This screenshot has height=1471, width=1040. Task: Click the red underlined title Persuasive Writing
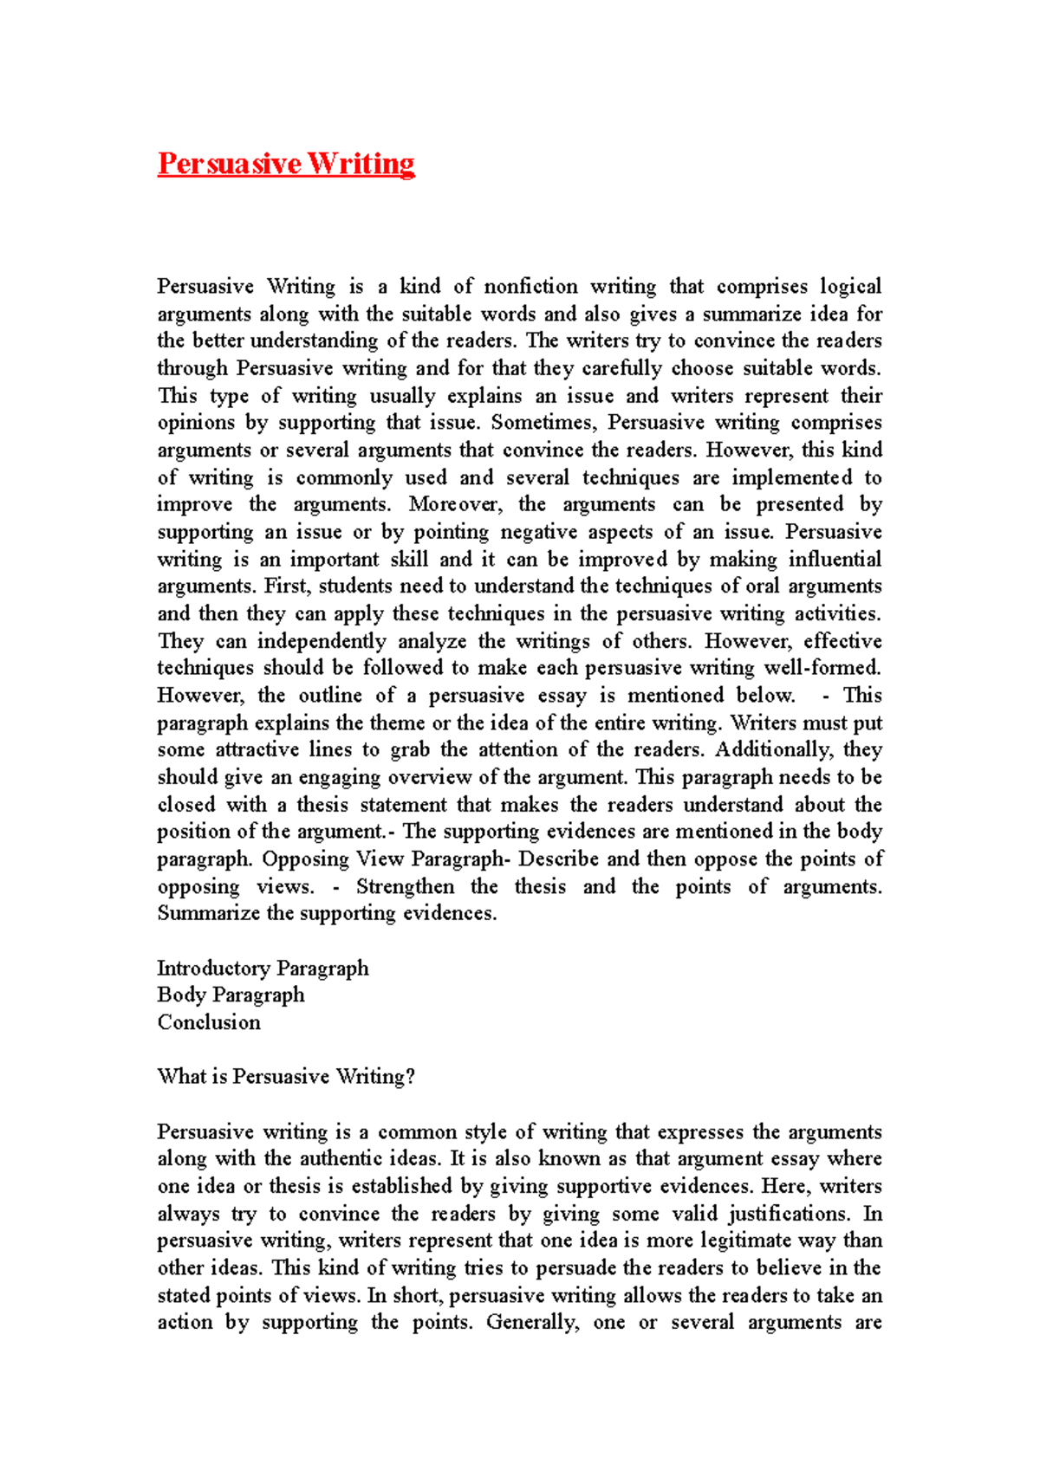[286, 164]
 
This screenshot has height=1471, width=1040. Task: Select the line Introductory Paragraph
[263, 968]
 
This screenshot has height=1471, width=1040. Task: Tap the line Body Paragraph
[231, 995]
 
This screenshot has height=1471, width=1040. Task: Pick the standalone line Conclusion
[209, 1022]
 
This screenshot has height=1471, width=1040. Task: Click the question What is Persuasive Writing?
[286, 1077]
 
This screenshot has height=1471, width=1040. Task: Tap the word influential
[834, 559]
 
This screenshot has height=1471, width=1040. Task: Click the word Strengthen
[405, 886]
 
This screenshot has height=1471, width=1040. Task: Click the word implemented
[792, 477]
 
